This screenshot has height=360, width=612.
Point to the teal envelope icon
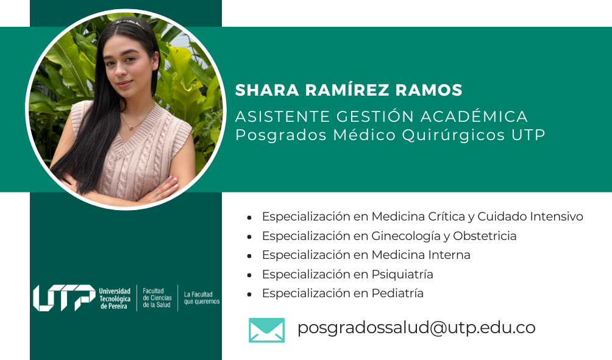(x=266, y=330)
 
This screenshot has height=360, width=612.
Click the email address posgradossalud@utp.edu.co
(x=416, y=328)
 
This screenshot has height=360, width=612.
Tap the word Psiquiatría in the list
(x=402, y=275)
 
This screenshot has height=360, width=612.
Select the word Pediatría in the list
(x=397, y=294)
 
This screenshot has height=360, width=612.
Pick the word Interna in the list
(x=449, y=255)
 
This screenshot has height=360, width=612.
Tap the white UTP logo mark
(x=64, y=298)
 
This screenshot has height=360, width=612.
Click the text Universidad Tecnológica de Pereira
(x=115, y=298)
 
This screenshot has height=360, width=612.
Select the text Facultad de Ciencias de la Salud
(x=157, y=298)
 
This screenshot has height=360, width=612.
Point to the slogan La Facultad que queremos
(x=202, y=298)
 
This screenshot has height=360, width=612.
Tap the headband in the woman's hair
(x=129, y=23)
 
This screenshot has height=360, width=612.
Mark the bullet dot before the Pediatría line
(x=249, y=294)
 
